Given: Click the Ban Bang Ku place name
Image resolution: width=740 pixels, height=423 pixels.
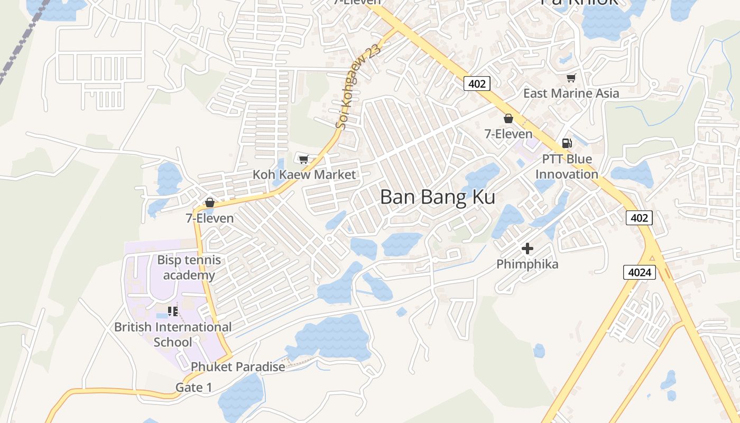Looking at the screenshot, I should pyautogui.click(x=438, y=197).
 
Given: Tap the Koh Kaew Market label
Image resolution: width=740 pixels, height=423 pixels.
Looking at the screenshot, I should pyautogui.click(x=304, y=174).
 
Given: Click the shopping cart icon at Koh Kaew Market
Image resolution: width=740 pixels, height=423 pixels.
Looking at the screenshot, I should pyautogui.click(x=303, y=159).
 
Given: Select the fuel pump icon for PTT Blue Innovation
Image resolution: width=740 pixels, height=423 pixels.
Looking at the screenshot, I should pyautogui.click(x=567, y=143).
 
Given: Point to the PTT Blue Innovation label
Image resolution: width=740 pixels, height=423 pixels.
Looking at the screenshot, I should pyautogui.click(x=567, y=167).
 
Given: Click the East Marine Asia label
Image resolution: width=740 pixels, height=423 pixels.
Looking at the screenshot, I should pyautogui.click(x=571, y=94).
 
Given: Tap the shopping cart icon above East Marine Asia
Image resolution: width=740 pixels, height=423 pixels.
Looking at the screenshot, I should pyautogui.click(x=571, y=78).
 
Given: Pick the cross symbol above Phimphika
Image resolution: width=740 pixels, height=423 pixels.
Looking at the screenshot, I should pyautogui.click(x=527, y=248).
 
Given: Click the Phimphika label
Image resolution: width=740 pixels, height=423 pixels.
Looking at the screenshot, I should pyautogui.click(x=527, y=264).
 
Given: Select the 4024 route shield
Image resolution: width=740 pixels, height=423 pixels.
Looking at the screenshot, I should pyautogui.click(x=640, y=273).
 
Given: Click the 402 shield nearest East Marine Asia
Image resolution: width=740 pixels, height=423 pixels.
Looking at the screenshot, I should pyautogui.click(x=477, y=83).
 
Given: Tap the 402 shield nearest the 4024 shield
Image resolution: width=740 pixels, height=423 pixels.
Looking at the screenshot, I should pyautogui.click(x=639, y=218).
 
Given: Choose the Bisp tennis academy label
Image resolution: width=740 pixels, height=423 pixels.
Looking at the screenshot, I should pyautogui.click(x=189, y=268).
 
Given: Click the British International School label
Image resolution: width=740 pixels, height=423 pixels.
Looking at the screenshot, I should pyautogui.click(x=173, y=335).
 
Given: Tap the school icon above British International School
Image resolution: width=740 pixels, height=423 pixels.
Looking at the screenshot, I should pyautogui.click(x=173, y=311).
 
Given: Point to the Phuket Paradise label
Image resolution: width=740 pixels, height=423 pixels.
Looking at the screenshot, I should pyautogui.click(x=238, y=366).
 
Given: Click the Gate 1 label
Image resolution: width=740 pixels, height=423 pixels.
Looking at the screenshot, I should pyautogui.click(x=193, y=388).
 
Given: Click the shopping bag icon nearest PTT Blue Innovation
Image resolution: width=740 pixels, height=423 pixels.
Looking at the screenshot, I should pyautogui.click(x=508, y=118).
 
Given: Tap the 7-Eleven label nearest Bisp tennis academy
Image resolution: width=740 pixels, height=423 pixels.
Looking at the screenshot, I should pyautogui.click(x=209, y=218).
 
